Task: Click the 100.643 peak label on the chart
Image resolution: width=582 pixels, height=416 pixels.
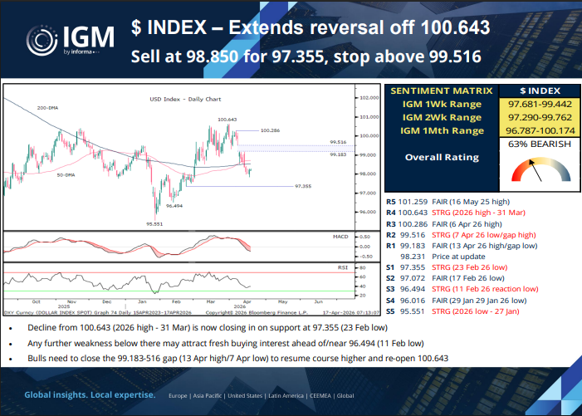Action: (x=228, y=120)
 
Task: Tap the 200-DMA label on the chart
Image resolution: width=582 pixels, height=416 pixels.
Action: (x=47, y=109)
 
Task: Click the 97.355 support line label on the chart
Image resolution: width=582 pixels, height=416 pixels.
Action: (x=304, y=187)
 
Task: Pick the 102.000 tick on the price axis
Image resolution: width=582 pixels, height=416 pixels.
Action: (x=369, y=97)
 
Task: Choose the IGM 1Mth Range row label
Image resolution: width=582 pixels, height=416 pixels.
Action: (x=442, y=131)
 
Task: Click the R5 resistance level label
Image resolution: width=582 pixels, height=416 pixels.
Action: (x=392, y=202)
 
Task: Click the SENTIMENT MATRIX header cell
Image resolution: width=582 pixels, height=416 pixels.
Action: (x=441, y=90)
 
